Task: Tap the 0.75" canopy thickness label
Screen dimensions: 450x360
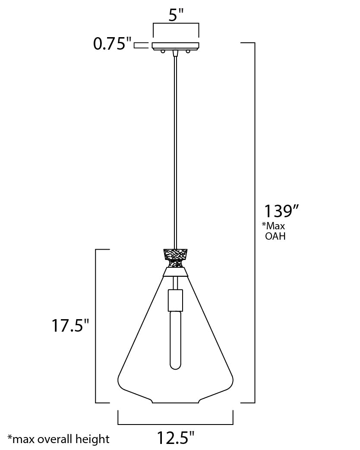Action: (x=112, y=44)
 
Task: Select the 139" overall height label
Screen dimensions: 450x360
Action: (x=281, y=212)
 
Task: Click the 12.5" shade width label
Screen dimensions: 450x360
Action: (x=175, y=438)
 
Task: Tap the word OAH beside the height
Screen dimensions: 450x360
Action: (x=275, y=236)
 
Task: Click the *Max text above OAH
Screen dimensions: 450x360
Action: (x=274, y=226)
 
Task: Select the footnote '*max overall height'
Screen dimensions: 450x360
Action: (x=59, y=440)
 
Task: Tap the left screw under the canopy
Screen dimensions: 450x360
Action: (x=163, y=51)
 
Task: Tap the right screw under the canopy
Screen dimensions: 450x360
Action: (x=189, y=51)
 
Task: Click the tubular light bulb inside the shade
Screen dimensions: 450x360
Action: (x=175, y=341)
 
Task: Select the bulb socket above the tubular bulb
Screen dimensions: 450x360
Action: (x=175, y=299)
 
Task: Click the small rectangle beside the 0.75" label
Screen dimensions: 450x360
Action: (x=140, y=45)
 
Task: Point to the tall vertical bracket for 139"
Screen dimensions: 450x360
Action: (x=255, y=222)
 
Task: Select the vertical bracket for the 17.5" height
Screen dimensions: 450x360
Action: (x=96, y=326)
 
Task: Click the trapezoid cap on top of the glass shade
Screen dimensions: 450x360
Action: (x=175, y=272)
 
